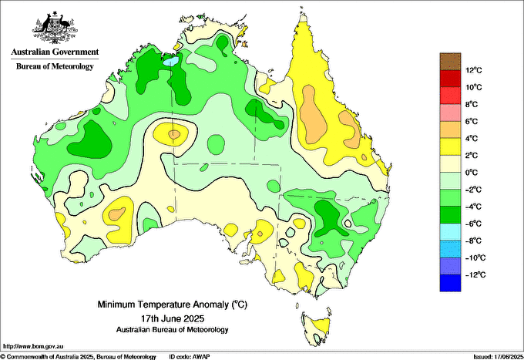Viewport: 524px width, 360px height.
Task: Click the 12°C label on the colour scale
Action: [x=474, y=70]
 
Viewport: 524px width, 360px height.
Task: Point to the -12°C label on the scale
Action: [x=475, y=274]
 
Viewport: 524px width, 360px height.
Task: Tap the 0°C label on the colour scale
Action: [x=472, y=173]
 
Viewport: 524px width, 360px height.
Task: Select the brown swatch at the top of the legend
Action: [x=450, y=62]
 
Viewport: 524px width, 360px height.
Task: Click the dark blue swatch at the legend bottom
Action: [x=450, y=283]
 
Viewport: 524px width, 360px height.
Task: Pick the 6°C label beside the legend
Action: [x=472, y=121]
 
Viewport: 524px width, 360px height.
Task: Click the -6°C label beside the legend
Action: [x=474, y=224]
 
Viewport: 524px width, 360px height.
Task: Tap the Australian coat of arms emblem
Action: [x=55, y=28]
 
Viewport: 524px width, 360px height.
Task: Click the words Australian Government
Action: [x=55, y=52]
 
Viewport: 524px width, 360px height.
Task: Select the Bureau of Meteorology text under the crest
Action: [x=55, y=66]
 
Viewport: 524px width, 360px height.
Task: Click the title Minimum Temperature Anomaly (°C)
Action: [x=173, y=304]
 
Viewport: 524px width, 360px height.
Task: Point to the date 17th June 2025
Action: [x=173, y=318]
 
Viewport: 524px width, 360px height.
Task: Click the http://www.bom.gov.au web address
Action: [x=33, y=347]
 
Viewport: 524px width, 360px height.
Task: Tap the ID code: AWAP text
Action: [x=190, y=357]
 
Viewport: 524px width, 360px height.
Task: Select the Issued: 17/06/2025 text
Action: [x=499, y=357]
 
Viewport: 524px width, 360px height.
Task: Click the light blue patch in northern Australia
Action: [x=170, y=61]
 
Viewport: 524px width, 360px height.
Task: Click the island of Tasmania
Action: [x=317, y=328]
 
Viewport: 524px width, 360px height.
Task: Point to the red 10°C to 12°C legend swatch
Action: [x=450, y=79]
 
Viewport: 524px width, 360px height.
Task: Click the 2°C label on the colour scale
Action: [x=472, y=156]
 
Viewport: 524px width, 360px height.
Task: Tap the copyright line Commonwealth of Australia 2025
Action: [x=78, y=357]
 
